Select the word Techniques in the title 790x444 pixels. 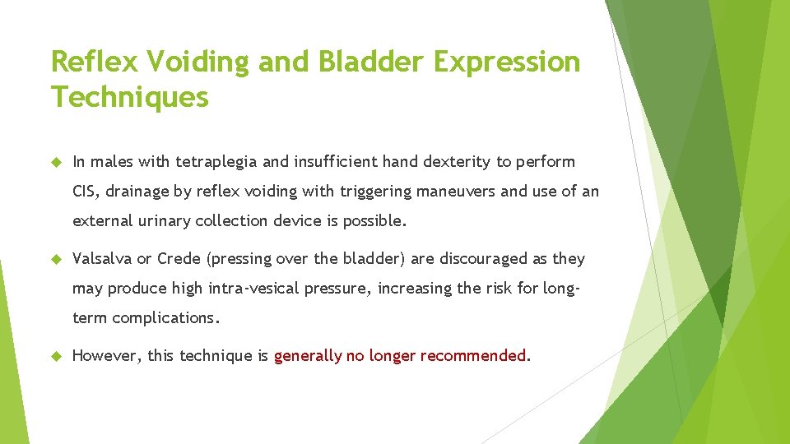[129, 97]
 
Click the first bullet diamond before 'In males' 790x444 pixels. [57, 162]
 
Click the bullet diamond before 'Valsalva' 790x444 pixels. [57, 259]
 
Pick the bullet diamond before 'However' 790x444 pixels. [57, 356]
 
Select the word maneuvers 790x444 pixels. [456, 192]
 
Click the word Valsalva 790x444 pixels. [102, 259]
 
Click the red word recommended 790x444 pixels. [472, 356]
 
